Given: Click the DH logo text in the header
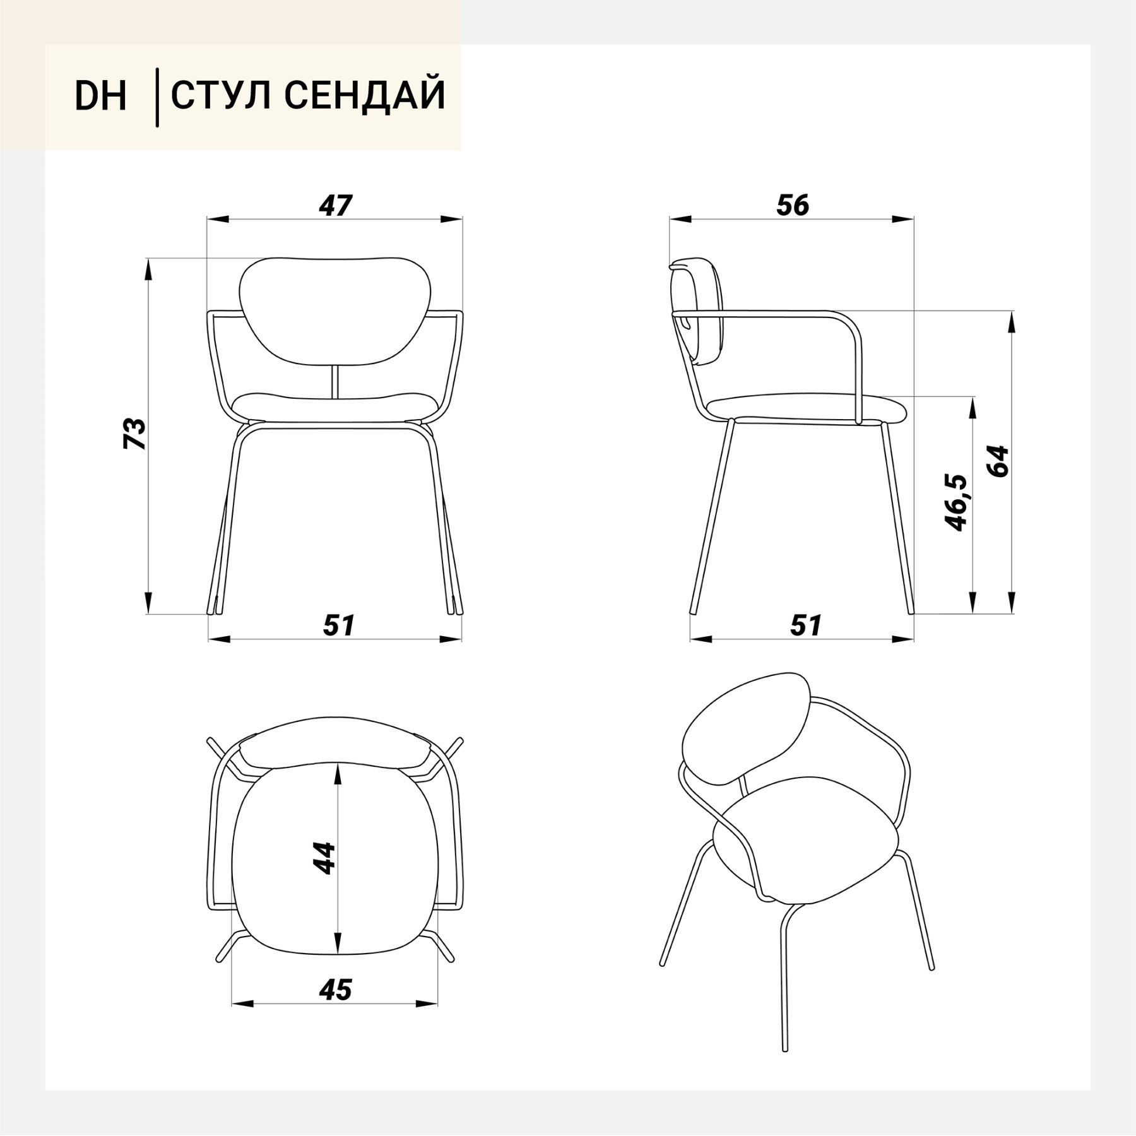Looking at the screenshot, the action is pyautogui.click(x=101, y=96).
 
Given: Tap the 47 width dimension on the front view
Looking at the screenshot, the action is pyautogui.click(x=335, y=205).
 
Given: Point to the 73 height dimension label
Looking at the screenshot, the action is pyautogui.click(x=134, y=433).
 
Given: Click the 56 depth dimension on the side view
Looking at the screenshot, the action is pyautogui.click(x=793, y=205).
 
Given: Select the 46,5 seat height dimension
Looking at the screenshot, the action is pyautogui.click(x=955, y=502).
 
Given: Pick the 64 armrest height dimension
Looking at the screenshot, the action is pyautogui.click(x=998, y=461).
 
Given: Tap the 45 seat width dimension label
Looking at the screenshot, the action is pyautogui.click(x=335, y=990).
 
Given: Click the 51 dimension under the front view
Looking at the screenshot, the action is pyautogui.click(x=340, y=625).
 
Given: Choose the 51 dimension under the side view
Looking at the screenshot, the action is pyautogui.click(x=807, y=625).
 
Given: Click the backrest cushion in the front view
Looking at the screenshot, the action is pyautogui.click(x=334, y=311).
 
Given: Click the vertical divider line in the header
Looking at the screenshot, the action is pyautogui.click(x=157, y=98).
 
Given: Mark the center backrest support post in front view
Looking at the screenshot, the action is pyautogui.click(x=335, y=381).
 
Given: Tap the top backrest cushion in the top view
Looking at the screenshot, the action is pyautogui.click(x=335, y=747).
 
